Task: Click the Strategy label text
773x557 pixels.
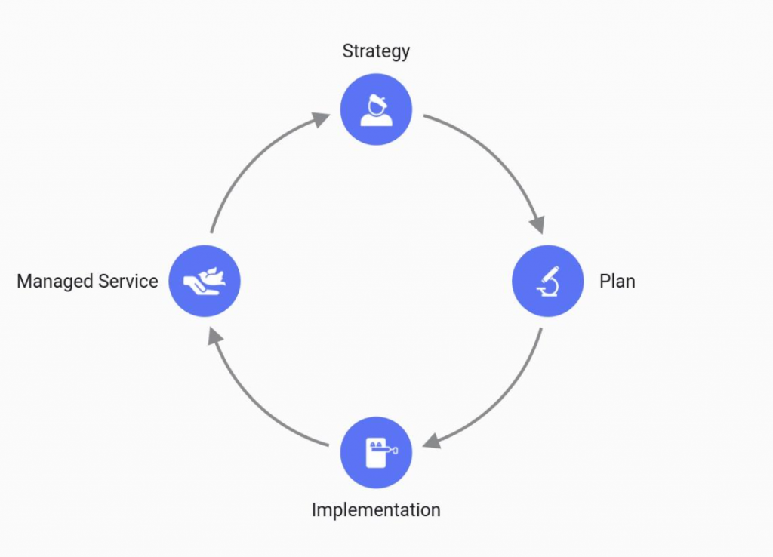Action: pos(376,51)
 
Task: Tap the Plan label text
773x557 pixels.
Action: pos(617,282)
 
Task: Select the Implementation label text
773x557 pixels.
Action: pos(376,509)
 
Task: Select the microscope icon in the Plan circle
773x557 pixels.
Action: pos(548,280)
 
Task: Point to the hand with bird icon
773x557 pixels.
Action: pos(204,280)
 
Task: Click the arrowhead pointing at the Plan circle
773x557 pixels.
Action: pos(537,224)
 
